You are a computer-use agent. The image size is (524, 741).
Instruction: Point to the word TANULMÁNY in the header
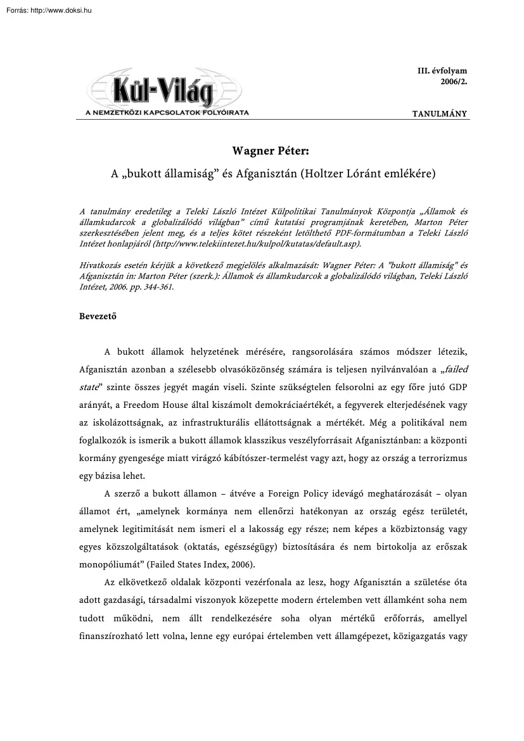coord(439,114)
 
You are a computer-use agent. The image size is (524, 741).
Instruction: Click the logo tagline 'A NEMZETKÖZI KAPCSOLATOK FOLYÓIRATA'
coord(163,112)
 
